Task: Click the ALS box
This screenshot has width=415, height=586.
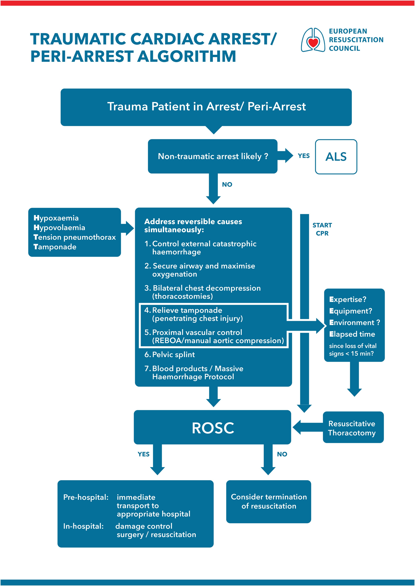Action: [x=336, y=157]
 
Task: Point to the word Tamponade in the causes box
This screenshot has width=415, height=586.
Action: [x=55, y=247]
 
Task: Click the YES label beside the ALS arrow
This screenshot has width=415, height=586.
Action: [x=304, y=156]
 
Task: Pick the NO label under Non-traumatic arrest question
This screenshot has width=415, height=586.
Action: [x=227, y=185]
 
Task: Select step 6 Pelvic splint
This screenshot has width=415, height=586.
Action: [x=170, y=355]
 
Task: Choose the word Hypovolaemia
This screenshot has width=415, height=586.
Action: [x=59, y=227]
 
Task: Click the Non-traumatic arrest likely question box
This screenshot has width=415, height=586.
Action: [x=213, y=156]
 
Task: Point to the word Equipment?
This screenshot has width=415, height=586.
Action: [x=351, y=311]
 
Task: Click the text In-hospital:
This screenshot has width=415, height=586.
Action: [x=83, y=526]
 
